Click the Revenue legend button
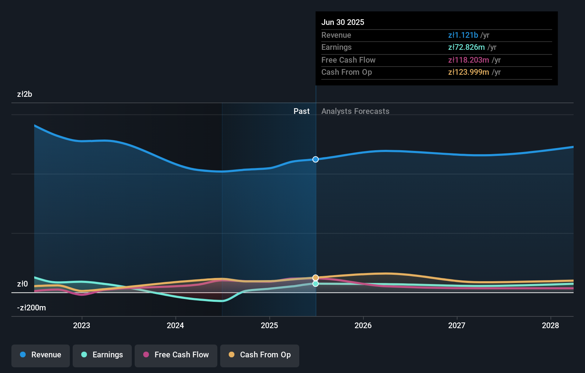pyautogui.click(x=41, y=355)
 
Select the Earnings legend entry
pyautogui.click(x=102, y=355)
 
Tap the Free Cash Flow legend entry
pyautogui.click(x=176, y=355)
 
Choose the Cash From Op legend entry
pyautogui.click(x=260, y=355)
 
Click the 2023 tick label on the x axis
pyautogui.click(x=82, y=325)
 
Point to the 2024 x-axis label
pyautogui.click(x=175, y=325)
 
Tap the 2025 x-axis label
pyautogui.click(x=269, y=325)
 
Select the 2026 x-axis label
pyautogui.click(x=363, y=325)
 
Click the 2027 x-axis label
pyautogui.click(x=457, y=325)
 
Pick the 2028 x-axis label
pyautogui.click(x=550, y=325)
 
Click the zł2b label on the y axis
pyautogui.click(x=25, y=94)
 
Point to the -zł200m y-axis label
pyautogui.click(x=31, y=308)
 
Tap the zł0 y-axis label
pyautogui.click(x=22, y=284)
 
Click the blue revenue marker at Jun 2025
pyautogui.click(x=316, y=159)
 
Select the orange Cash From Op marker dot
pyautogui.click(x=316, y=277)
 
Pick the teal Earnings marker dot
pyautogui.click(x=316, y=284)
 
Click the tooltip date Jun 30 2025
pyautogui.click(x=343, y=22)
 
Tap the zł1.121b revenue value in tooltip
pyautogui.click(x=463, y=35)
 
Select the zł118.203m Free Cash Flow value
pyautogui.click(x=468, y=60)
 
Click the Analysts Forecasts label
pyautogui.click(x=355, y=111)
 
